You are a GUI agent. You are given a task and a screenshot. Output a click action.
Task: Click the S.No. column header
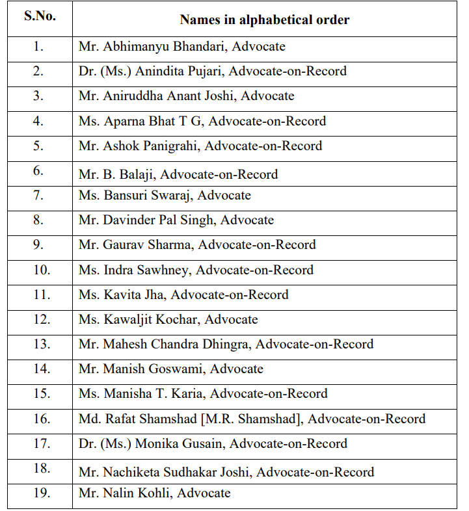[x=40, y=16]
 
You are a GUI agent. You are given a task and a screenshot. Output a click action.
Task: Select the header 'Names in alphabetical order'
[x=264, y=20]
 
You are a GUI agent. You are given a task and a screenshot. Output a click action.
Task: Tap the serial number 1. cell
[x=39, y=47]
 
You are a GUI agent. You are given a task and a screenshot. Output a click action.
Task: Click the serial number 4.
[x=39, y=121]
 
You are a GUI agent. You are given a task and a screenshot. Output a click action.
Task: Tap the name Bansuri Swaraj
[x=147, y=196]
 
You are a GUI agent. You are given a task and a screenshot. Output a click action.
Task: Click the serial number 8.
[x=39, y=220]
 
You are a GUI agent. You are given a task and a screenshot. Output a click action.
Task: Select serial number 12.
[x=41, y=319]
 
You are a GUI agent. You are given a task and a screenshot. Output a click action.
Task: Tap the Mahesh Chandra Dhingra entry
[x=176, y=345]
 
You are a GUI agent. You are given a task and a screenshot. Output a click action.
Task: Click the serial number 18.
[x=41, y=469]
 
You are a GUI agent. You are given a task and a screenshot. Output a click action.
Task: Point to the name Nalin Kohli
[x=137, y=493]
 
